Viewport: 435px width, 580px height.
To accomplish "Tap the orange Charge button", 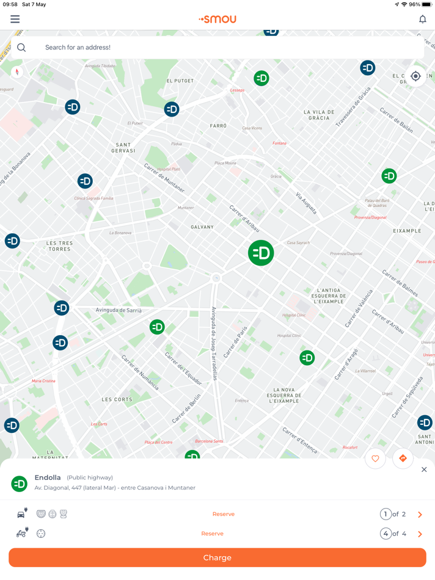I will point(217,557).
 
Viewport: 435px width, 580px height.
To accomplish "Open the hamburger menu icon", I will point(15,20).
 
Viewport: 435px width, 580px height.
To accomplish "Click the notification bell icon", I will point(422,20).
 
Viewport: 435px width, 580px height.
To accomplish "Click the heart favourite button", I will point(375,459).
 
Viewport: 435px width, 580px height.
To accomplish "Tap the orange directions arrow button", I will point(403,459).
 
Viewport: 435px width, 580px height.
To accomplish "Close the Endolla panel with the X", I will point(424,469).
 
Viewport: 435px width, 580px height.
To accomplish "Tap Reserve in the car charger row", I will point(223,514).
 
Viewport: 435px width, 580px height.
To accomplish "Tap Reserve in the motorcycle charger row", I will point(212,534).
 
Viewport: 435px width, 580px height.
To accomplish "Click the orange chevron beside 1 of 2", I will point(420,515).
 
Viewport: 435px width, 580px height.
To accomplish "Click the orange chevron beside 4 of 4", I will point(420,534).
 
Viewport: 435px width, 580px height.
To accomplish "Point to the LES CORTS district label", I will point(117,400).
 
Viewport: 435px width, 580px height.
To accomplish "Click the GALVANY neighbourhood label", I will point(202,227).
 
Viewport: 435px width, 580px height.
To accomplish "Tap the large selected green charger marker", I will point(261,253).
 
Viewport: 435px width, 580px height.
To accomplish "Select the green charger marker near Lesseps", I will point(261,78).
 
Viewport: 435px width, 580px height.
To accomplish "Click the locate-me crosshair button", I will point(415,76).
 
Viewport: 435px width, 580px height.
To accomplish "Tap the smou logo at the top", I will point(217,20).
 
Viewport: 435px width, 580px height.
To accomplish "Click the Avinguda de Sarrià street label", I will point(118,310).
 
